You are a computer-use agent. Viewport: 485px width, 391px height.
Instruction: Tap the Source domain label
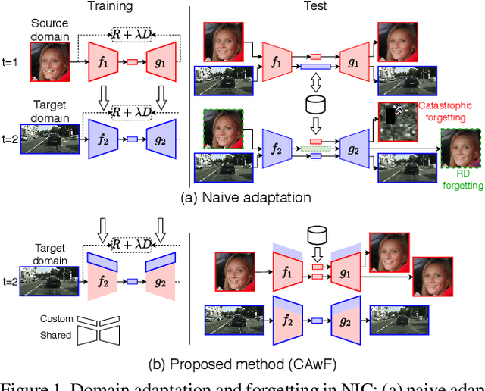coord(50,30)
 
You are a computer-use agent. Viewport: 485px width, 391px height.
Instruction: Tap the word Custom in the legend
coord(56,319)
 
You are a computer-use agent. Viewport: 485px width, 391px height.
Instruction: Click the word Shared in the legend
coord(56,335)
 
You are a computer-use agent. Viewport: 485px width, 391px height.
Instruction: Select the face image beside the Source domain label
coord(50,61)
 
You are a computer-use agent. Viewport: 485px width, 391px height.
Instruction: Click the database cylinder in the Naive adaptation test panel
coord(316,102)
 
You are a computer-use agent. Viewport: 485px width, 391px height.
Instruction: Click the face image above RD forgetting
coord(461,149)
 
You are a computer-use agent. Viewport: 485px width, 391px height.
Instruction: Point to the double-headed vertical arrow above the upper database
coord(316,78)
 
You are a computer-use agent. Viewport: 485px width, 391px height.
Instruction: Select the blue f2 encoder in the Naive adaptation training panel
coord(102,139)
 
